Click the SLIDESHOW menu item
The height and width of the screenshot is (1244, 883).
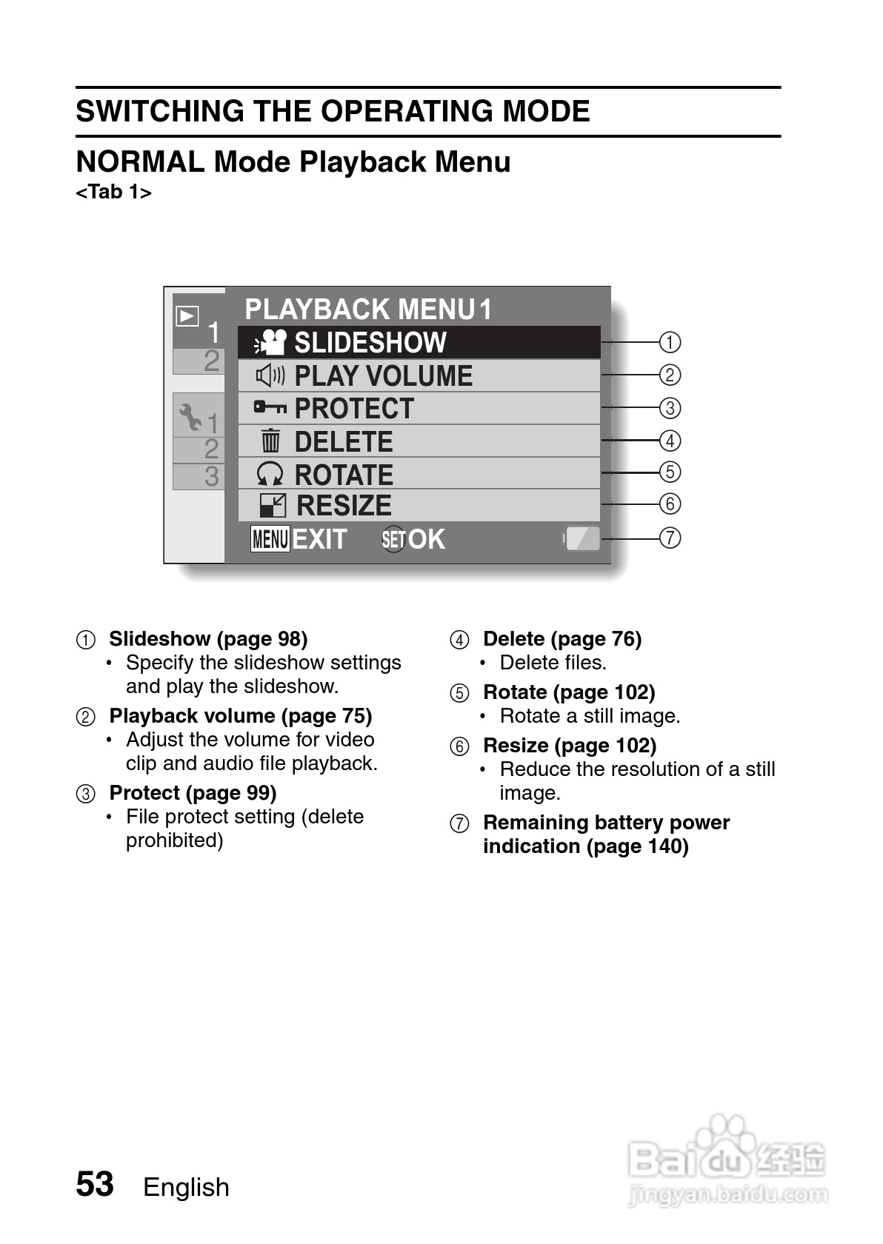click(x=419, y=343)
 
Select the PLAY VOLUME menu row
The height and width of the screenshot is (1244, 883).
click(x=419, y=376)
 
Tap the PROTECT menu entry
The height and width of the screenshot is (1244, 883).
click(x=419, y=409)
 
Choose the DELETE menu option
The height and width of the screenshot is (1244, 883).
click(x=419, y=441)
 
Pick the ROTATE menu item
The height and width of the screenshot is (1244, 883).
click(x=419, y=474)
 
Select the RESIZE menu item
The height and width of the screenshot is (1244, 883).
click(x=419, y=506)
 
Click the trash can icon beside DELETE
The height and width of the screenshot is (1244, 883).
click(x=270, y=441)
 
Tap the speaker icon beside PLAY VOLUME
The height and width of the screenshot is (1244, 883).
click(x=270, y=376)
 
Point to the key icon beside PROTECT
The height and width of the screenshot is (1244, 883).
click(x=270, y=407)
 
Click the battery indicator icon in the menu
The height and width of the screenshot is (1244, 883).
click(x=582, y=538)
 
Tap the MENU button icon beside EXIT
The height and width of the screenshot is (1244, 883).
click(x=270, y=539)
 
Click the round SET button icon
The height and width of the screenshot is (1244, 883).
click(x=393, y=540)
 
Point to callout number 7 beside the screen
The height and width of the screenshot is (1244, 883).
click(x=670, y=538)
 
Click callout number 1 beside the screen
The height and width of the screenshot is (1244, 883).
click(x=670, y=342)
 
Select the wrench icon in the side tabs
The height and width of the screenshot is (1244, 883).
click(x=190, y=417)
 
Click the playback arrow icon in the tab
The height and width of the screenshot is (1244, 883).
click(x=187, y=316)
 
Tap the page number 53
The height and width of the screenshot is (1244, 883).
click(x=95, y=1184)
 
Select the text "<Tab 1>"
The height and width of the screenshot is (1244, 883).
click(x=113, y=193)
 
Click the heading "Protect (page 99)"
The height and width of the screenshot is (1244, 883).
click(x=193, y=793)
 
